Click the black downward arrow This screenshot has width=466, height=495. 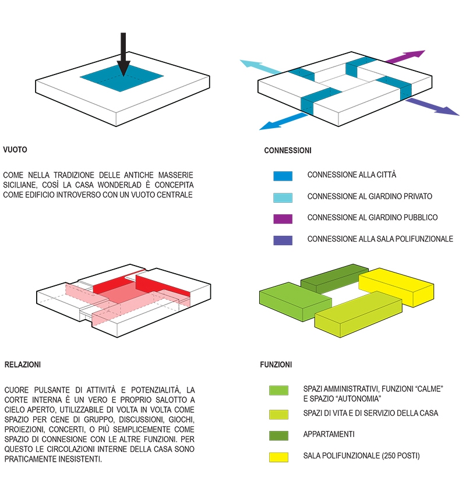[x=123, y=54]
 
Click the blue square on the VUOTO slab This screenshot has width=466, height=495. [x=122, y=78]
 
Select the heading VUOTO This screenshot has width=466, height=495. [x=15, y=150]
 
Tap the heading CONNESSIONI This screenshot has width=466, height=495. [x=288, y=151]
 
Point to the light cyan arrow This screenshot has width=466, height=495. [x=260, y=66]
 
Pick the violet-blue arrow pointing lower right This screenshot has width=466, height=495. [x=433, y=107]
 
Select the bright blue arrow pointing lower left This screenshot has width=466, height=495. [x=283, y=122]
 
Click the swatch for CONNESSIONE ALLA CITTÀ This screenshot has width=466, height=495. [x=283, y=176]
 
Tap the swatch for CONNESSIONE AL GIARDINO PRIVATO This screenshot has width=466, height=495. [x=283, y=197]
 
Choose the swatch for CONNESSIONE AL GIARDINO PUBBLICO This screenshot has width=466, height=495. [x=283, y=219]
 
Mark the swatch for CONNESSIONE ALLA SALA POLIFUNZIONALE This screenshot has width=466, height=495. [x=283, y=241]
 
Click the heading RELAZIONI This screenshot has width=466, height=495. [x=23, y=365]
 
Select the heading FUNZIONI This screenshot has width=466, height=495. [x=276, y=365]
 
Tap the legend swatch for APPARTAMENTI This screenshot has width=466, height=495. [x=278, y=436]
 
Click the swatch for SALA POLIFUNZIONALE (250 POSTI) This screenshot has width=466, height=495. [x=278, y=457]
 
